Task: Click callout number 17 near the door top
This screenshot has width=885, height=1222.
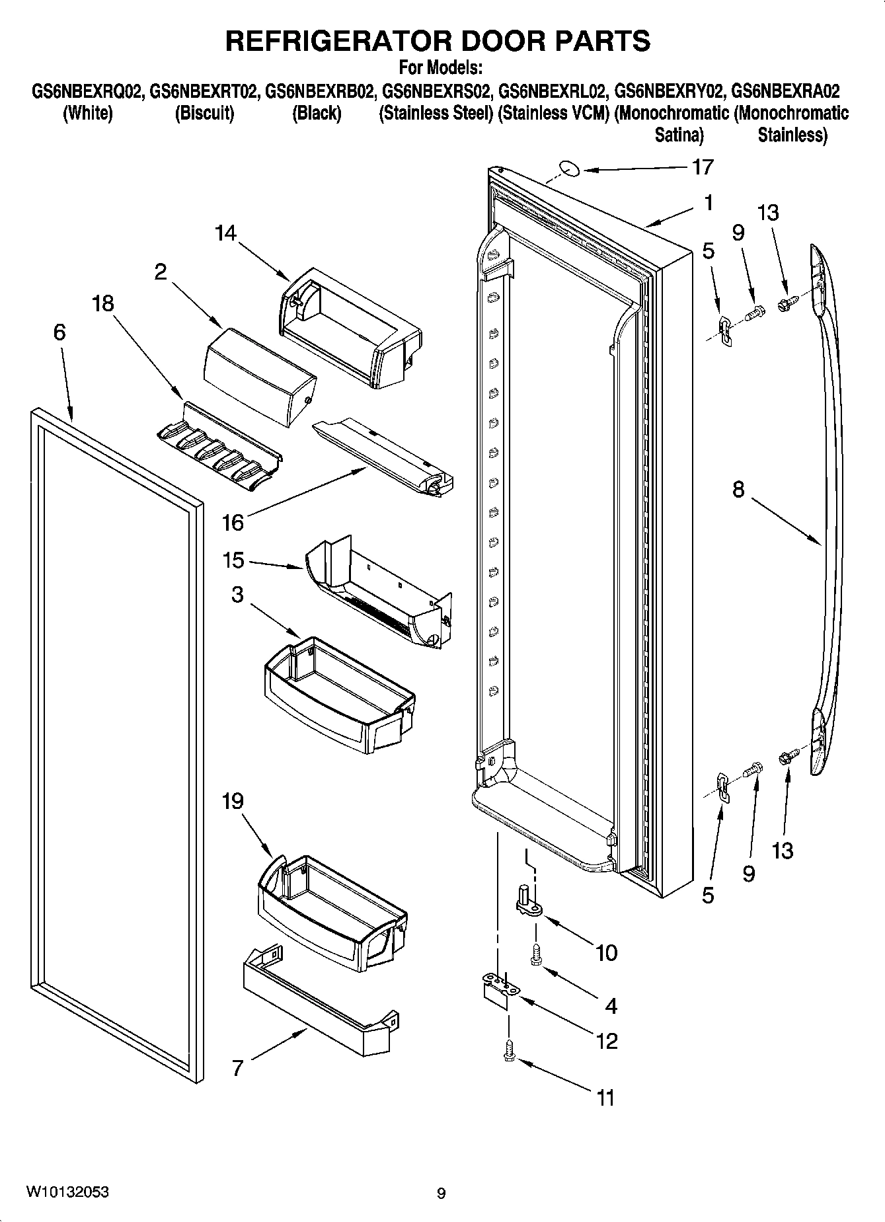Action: click(x=702, y=167)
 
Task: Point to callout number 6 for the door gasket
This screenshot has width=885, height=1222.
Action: click(x=59, y=332)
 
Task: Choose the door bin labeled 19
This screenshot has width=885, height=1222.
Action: click(x=330, y=912)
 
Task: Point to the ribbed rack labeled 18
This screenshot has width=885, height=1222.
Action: click(x=218, y=449)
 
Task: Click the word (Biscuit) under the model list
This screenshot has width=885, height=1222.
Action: click(x=204, y=113)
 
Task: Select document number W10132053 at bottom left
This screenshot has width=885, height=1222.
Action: click(x=67, y=1192)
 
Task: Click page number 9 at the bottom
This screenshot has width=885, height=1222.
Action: click(x=442, y=1193)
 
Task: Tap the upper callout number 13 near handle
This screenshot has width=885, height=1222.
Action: click(x=767, y=213)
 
